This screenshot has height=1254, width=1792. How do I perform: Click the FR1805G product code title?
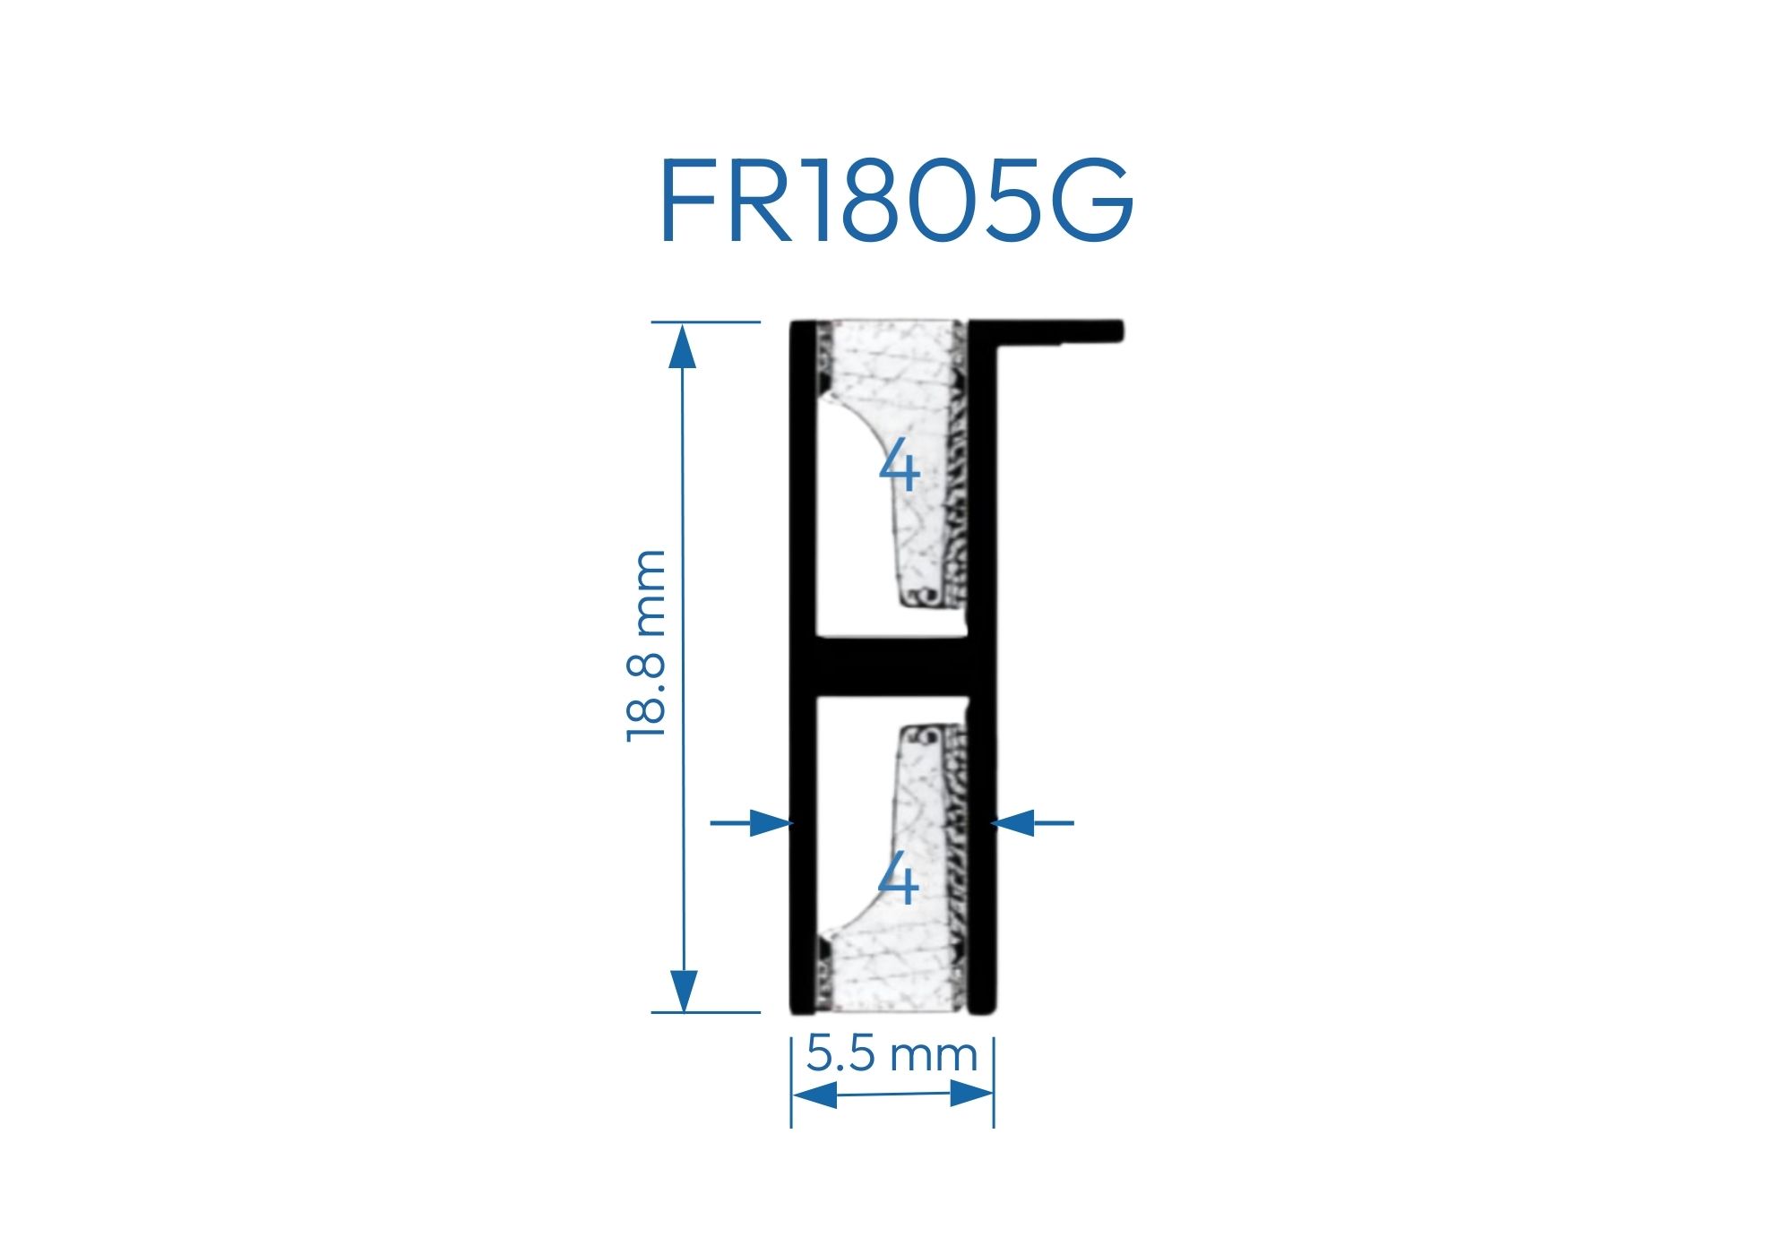click(x=896, y=201)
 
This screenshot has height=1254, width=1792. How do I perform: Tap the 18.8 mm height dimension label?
click(x=646, y=645)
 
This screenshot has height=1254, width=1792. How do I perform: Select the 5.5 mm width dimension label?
click(x=892, y=1053)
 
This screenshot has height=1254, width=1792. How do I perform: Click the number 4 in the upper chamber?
click(x=900, y=468)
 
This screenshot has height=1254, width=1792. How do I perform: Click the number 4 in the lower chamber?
click(x=899, y=880)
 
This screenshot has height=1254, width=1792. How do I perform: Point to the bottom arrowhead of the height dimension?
click(x=683, y=989)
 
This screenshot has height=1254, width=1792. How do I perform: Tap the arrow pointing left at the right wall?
click(x=1016, y=822)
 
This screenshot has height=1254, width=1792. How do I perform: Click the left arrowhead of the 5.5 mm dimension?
click(x=815, y=1095)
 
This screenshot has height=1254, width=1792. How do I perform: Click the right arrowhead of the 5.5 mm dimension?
click(x=971, y=1094)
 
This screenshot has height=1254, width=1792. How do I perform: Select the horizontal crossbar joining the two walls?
click(x=892, y=668)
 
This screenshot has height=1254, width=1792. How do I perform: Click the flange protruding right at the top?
click(x=1057, y=331)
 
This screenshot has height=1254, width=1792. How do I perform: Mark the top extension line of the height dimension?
click(x=708, y=322)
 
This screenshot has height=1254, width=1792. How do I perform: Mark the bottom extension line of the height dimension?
click(x=708, y=1012)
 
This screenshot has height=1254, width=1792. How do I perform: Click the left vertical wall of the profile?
click(x=802, y=537)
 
